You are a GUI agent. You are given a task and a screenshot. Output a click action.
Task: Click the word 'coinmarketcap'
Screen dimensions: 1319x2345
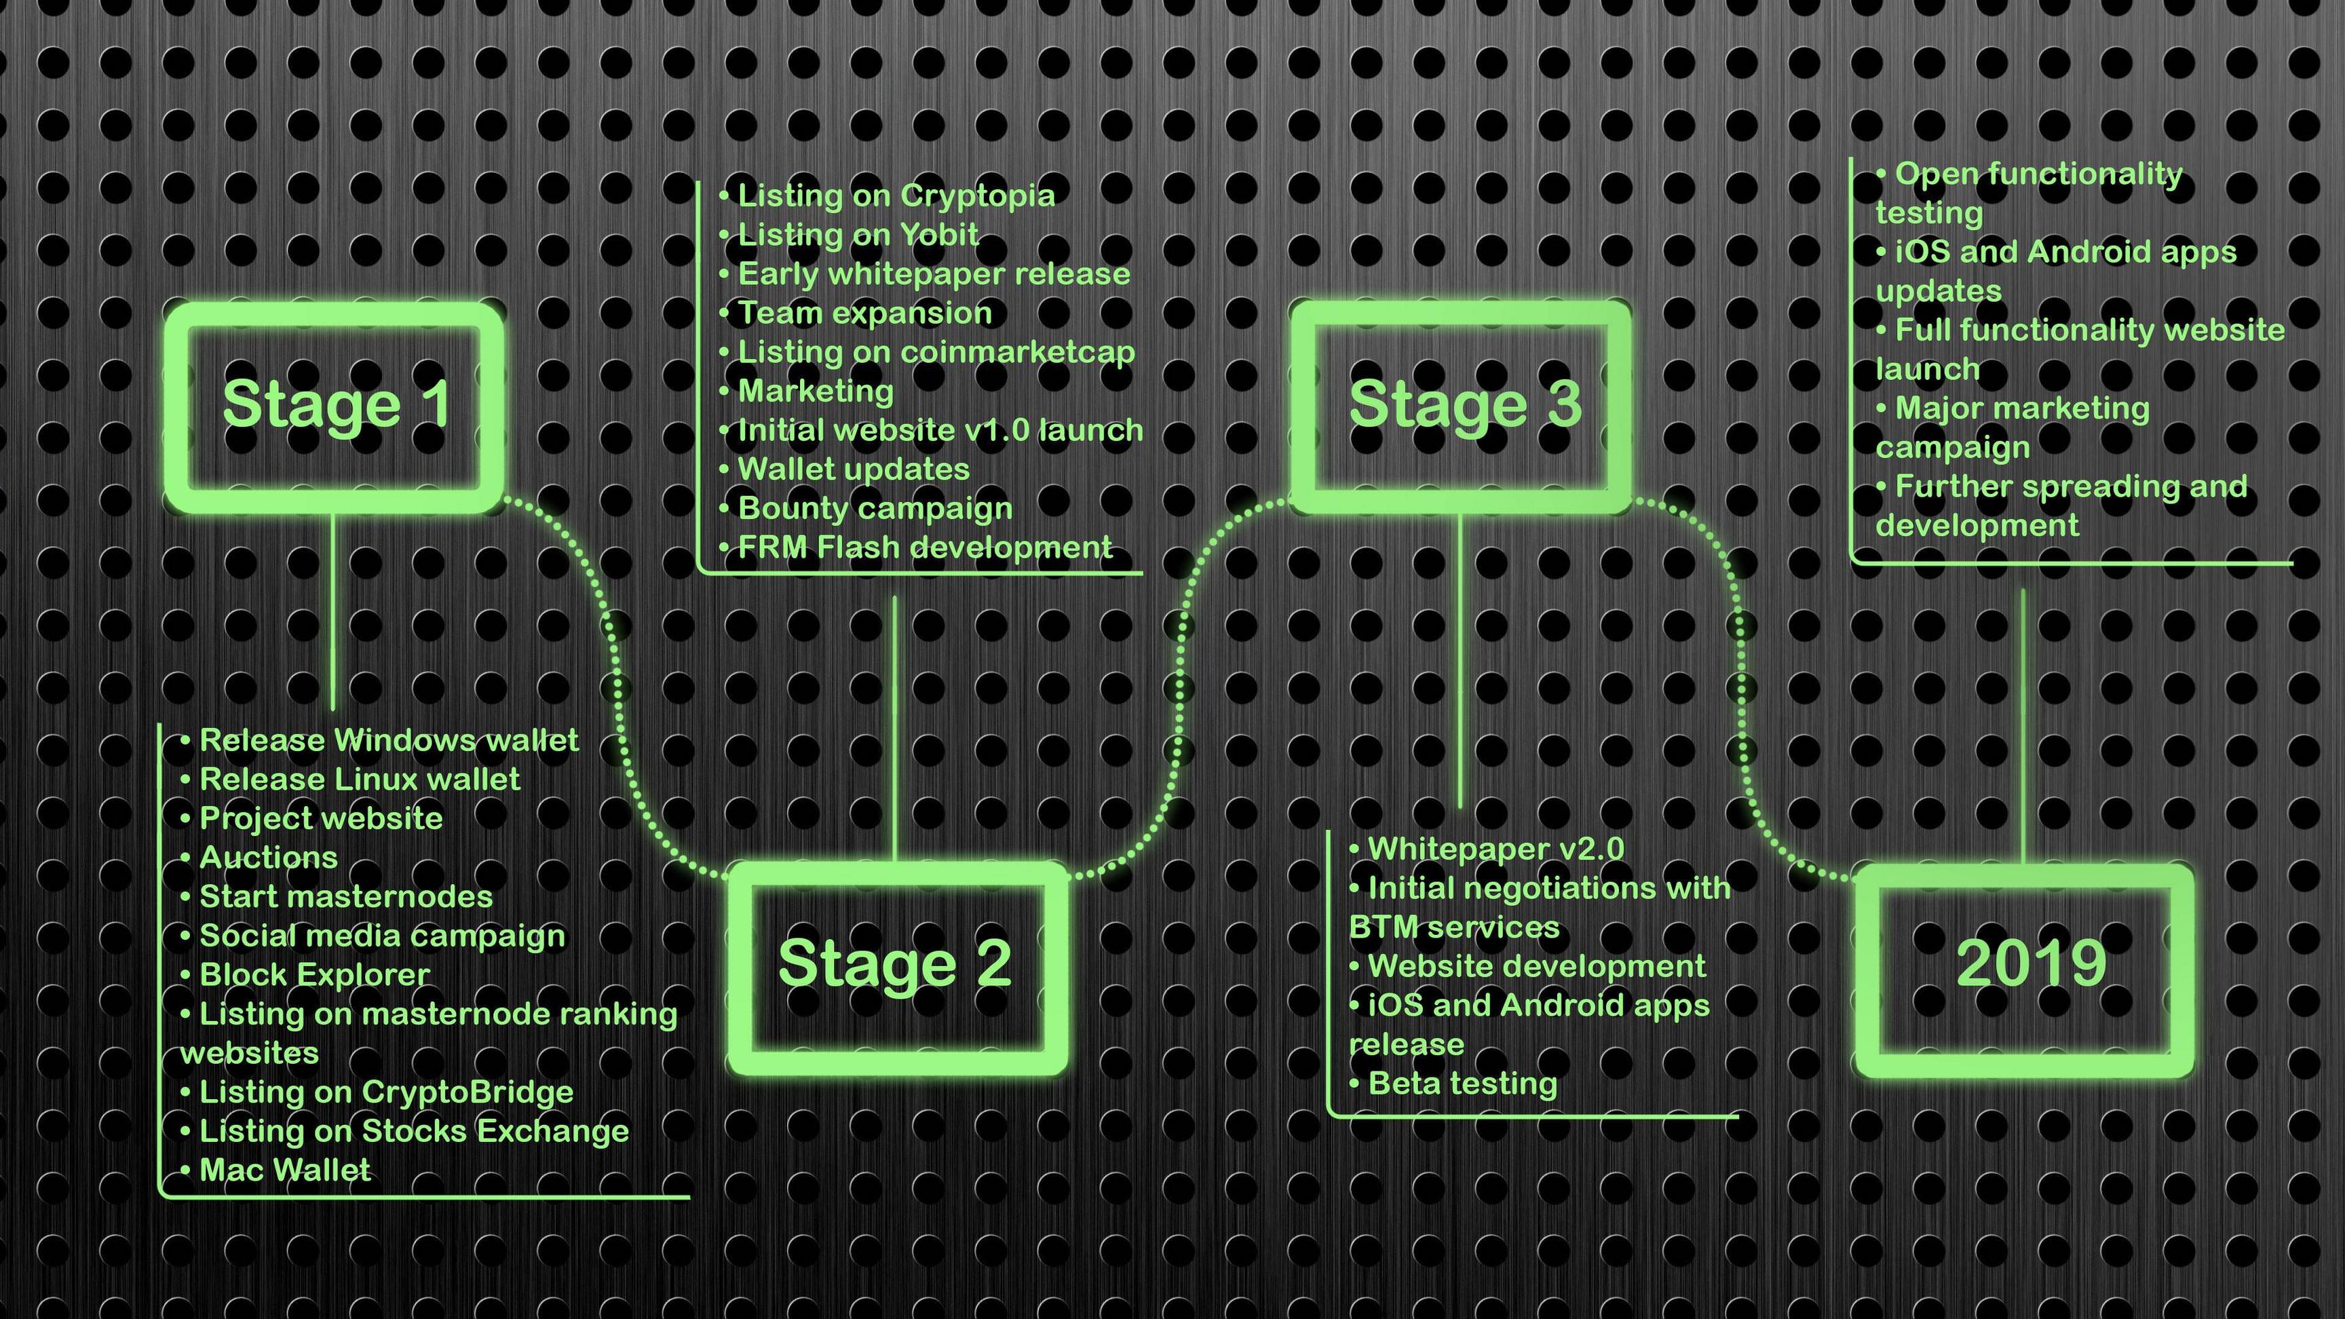pos(1017,352)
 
